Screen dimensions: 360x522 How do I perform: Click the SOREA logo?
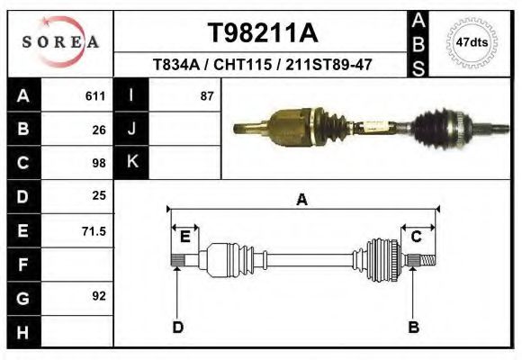pyautogui.click(x=60, y=41)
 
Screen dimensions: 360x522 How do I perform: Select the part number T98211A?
pyautogui.click(x=263, y=33)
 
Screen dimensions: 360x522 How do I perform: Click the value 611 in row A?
pyautogui.click(x=95, y=95)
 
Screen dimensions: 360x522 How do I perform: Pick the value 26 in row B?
pyautogui.click(x=99, y=129)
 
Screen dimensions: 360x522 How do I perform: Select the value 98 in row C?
pyautogui.click(x=99, y=163)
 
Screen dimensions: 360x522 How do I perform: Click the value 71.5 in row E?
pyautogui.click(x=94, y=231)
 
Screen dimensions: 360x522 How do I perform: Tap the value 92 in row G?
pyautogui.click(x=99, y=296)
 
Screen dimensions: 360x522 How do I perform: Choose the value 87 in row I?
pyautogui.click(x=206, y=95)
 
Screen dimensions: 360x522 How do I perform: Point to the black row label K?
pyautogui.click(x=131, y=162)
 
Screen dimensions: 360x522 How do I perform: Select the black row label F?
pyautogui.click(x=22, y=265)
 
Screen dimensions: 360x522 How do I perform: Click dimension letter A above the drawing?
pyautogui.click(x=301, y=200)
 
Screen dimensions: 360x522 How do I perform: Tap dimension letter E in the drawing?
pyautogui.click(x=184, y=237)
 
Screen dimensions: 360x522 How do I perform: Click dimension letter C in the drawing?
pyautogui.click(x=417, y=237)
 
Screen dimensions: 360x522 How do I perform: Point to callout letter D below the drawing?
pyautogui.click(x=177, y=327)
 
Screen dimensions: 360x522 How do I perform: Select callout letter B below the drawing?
pyautogui.click(x=414, y=327)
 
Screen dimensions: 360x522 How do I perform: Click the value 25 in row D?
pyautogui.click(x=99, y=195)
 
